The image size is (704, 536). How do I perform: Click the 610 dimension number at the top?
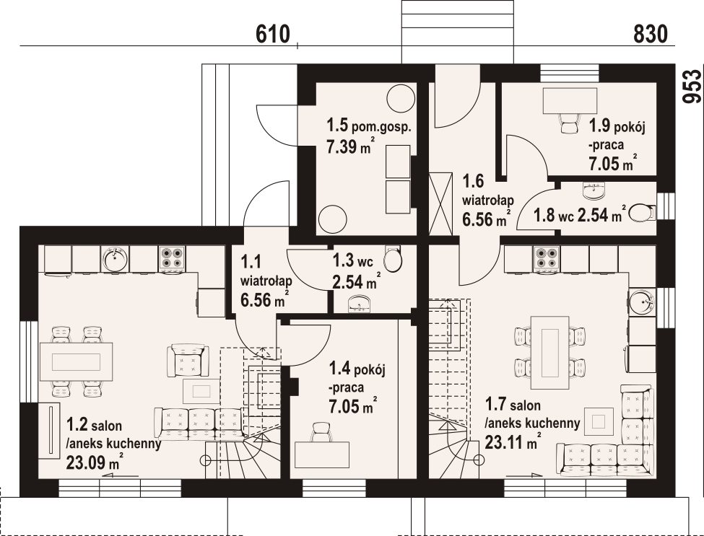pyautogui.click(x=273, y=34)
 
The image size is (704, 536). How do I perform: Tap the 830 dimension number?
pyautogui.click(x=651, y=34)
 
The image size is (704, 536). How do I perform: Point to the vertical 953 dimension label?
pyautogui.click(x=692, y=87)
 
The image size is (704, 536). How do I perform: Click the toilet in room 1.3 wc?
pyautogui.click(x=394, y=259)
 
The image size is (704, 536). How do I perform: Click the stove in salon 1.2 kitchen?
pyautogui.click(x=172, y=259)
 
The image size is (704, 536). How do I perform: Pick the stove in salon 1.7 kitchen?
pyautogui.click(x=547, y=259)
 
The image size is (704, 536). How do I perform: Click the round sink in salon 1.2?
pyautogui.click(x=115, y=258)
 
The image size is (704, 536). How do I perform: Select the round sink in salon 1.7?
pyautogui.click(x=642, y=302)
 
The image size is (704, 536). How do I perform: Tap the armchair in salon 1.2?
pyautogui.click(x=188, y=360)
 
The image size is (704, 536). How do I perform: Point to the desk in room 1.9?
pyautogui.click(x=570, y=101)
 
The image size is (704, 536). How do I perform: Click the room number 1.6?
pyautogui.click(x=473, y=181)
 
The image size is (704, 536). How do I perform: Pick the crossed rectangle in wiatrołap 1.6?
pyautogui.click(x=440, y=203)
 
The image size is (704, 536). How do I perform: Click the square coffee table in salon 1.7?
pyautogui.click(x=599, y=421)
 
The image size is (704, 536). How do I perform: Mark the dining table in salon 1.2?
pyautogui.click(x=76, y=361)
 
